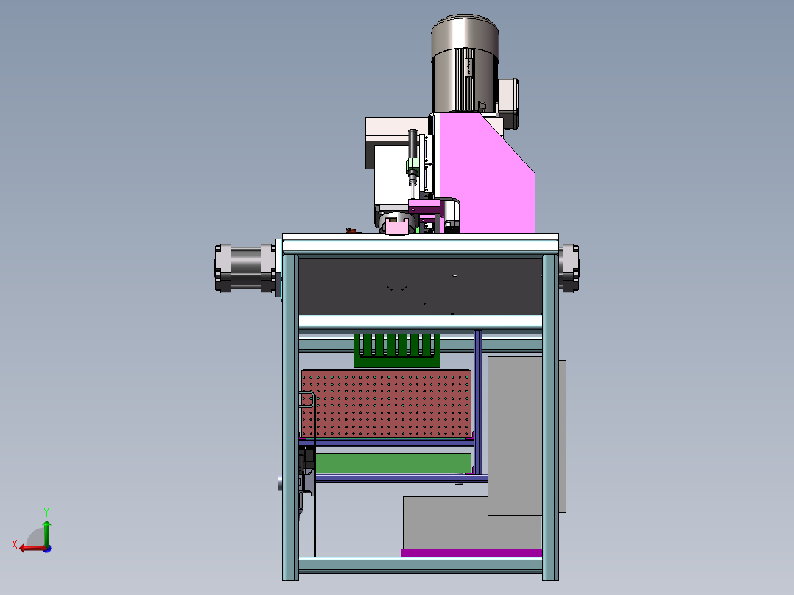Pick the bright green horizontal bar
coord(393,462)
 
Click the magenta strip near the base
coord(471,552)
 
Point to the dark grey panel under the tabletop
coord(420,286)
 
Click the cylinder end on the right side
coord(569,268)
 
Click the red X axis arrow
coord(29,547)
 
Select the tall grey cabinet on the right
coord(516,434)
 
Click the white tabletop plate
coord(420,244)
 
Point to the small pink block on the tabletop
coord(396,228)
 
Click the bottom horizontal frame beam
coord(420,565)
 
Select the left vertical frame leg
coord(290,412)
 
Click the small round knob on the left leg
coord(280,482)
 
